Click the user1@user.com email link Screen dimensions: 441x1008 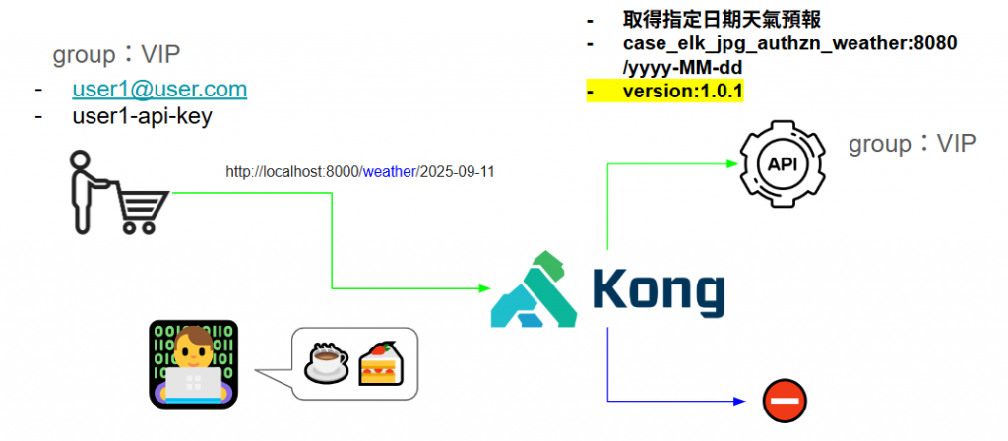pyautogui.click(x=159, y=90)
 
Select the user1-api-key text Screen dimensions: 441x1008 pyautogui.click(x=142, y=116)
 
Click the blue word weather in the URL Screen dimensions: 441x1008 pyautogui.click(x=390, y=172)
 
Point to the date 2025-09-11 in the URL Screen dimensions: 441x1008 pyautogui.click(x=457, y=172)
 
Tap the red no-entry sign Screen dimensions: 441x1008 pyautogui.click(x=785, y=401)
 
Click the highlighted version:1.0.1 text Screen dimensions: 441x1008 pyautogui.click(x=683, y=92)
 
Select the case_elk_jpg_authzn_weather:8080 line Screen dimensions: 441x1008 pyautogui.click(x=789, y=44)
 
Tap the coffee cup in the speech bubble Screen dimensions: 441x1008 pyautogui.click(x=327, y=362)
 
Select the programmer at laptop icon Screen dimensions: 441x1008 pyautogui.click(x=194, y=362)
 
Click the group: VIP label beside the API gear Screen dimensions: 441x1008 pyautogui.click(x=912, y=144)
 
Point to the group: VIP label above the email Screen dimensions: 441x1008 pyautogui.click(x=116, y=53)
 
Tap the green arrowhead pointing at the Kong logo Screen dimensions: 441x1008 pyautogui.click(x=483, y=288)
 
